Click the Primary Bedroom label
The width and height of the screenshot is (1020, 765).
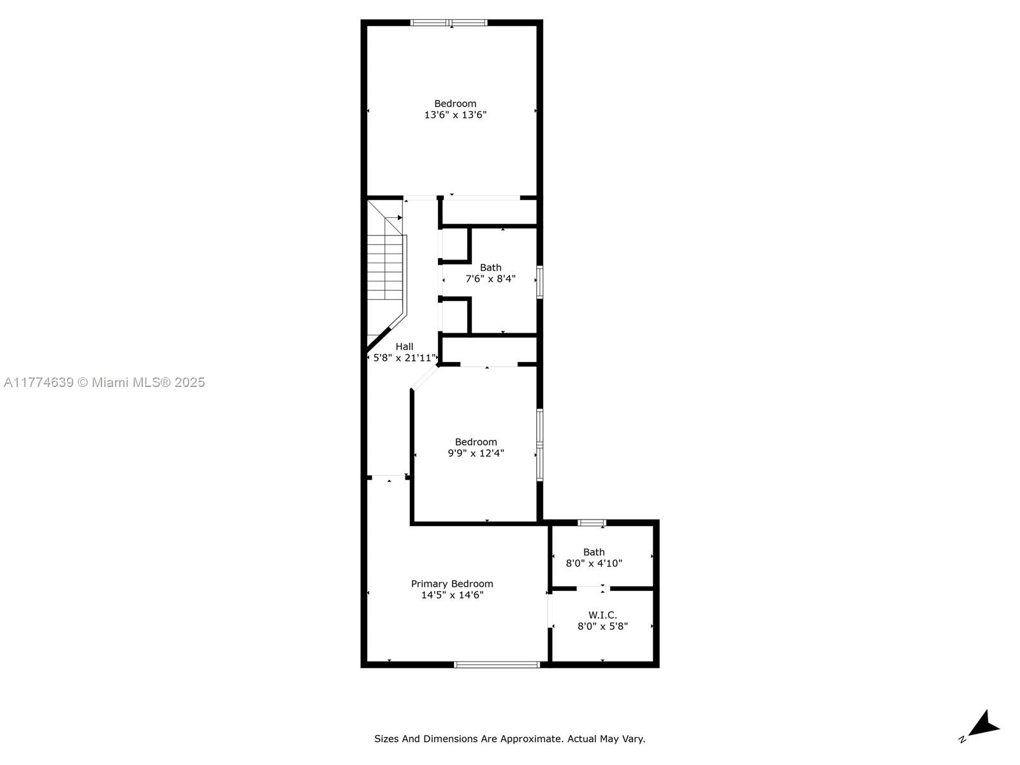(x=452, y=584)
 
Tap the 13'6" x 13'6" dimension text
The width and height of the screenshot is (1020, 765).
(x=455, y=115)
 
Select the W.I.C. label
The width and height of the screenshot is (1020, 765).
(x=602, y=615)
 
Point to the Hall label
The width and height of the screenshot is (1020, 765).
(x=404, y=347)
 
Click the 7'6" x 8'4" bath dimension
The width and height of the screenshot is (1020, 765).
(x=490, y=279)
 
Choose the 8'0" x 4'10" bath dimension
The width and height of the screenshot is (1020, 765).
(x=594, y=564)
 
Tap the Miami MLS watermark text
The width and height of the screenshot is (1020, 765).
(x=104, y=382)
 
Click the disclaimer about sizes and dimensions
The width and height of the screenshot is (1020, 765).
(x=510, y=738)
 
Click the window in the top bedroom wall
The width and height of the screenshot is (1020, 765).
(x=449, y=22)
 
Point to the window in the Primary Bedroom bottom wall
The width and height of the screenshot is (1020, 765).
(x=497, y=665)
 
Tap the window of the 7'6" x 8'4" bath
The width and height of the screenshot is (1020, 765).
(x=539, y=282)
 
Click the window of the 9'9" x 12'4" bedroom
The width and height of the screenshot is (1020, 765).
(x=539, y=444)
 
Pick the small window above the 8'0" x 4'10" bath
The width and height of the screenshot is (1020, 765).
(x=592, y=523)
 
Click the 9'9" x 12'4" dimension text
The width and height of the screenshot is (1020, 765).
(x=476, y=453)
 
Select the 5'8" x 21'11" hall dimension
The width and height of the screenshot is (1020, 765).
(x=404, y=358)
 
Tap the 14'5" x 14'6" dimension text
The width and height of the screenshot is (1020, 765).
(x=452, y=595)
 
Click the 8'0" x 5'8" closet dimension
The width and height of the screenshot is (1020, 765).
(x=602, y=626)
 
